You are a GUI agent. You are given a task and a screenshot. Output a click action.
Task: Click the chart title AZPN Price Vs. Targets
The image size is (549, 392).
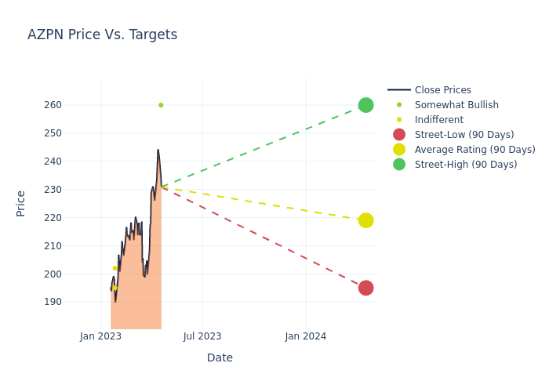click(102, 34)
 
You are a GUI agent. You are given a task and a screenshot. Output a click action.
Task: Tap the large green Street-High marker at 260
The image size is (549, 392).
click(365, 105)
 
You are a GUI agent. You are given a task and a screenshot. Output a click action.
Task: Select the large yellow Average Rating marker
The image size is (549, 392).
click(365, 220)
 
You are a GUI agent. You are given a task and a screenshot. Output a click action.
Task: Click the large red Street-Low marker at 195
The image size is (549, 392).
click(365, 288)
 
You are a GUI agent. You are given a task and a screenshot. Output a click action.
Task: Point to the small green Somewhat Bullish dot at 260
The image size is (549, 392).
click(161, 105)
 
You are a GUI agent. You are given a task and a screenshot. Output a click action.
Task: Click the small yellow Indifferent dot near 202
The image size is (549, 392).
click(115, 268)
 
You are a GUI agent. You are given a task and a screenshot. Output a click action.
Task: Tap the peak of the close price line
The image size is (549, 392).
click(158, 151)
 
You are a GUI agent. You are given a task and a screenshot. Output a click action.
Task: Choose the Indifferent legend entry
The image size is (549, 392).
click(438, 120)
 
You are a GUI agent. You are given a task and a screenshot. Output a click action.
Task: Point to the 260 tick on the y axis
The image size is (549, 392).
click(74, 105)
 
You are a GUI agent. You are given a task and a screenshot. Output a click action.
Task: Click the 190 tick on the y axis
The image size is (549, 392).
click(74, 302)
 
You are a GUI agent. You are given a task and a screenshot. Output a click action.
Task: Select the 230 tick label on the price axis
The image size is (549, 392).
click(74, 190)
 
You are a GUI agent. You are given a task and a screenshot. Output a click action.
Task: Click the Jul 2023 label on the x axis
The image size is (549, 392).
click(202, 336)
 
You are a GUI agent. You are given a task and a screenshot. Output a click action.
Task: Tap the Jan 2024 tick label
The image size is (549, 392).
click(305, 336)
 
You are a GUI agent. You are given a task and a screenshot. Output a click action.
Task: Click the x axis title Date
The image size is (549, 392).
click(220, 358)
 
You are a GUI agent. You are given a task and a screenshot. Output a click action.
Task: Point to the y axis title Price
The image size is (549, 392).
click(21, 203)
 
